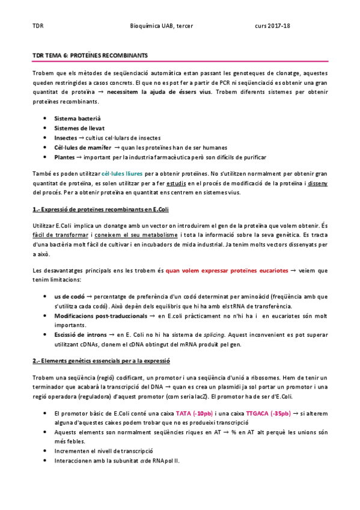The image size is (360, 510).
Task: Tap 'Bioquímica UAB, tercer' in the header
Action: [x=164, y=26]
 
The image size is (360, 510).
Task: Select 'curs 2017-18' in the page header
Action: [x=272, y=26]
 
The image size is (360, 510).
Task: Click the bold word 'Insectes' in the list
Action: [x=66, y=138]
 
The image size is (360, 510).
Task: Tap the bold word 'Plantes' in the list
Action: [x=66, y=156]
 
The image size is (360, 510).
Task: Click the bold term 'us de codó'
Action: [x=69, y=297]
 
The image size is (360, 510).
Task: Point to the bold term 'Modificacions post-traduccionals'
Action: [x=99, y=315]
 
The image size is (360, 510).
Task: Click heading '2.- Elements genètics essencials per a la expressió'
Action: [x=102, y=360]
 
